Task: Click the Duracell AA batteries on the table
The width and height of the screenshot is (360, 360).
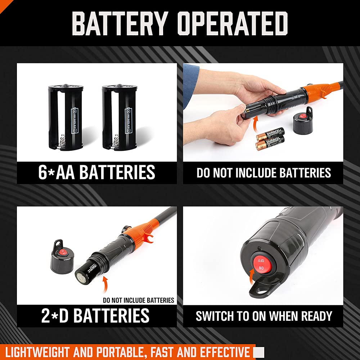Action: (x=270, y=139)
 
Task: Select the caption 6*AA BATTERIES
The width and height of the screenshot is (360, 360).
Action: (x=96, y=172)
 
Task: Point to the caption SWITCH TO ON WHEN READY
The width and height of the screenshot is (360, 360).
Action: (x=264, y=316)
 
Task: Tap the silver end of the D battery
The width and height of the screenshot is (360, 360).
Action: (x=80, y=277)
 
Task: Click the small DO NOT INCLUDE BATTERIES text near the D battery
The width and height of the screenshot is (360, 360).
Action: (x=138, y=300)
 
